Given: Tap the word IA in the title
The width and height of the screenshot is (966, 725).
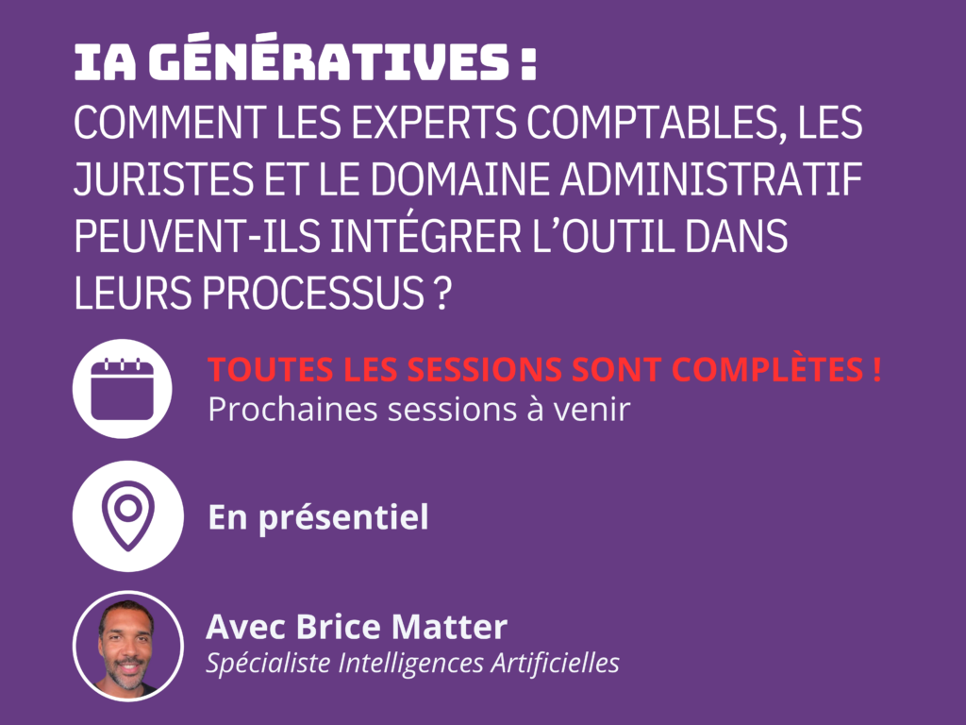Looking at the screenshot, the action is click(x=106, y=63).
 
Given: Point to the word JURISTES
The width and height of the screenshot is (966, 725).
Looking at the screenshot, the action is click(x=164, y=179).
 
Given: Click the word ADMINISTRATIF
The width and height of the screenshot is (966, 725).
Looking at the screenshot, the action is click(x=711, y=179).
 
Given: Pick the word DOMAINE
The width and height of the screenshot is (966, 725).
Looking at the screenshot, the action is click(x=459, y=179).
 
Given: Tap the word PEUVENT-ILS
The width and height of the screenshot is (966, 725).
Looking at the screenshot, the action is click(x=197, y=236).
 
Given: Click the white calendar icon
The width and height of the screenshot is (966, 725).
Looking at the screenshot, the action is click(x=122, y=388).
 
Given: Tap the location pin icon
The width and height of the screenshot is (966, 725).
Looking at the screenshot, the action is click(x=128, y=516).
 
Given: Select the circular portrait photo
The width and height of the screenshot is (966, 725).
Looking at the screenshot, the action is click(x=128, y=646).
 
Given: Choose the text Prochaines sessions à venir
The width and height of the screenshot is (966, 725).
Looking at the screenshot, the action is click(x=419, y=410).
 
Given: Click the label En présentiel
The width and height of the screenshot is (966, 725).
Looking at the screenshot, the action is click(x=319, y=516).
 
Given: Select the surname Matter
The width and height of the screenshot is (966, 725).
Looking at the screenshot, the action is click(x=449, y=627).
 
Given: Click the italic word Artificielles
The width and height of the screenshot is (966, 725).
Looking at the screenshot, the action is click(x=555, y=663).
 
